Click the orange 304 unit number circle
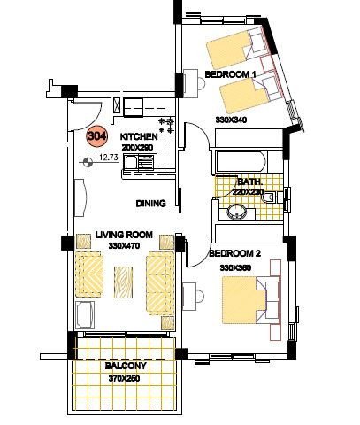tap(97, 136)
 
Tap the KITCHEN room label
tap(139, 136)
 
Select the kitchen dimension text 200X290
tap(137, 147)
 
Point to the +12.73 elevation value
tap(106, 158)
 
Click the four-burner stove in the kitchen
tap(166, 126)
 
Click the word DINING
tap(150, 204)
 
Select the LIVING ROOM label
tap(124, 235)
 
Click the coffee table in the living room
tap(123, 282)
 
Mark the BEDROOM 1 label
tap(230, 74)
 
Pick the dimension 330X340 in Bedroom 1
tap(231, 120)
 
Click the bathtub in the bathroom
tap(241, 161)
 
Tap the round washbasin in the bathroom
tap(237, 212)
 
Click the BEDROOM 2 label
tap(235, 253)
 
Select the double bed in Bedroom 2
tap(250, 300)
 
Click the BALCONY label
tap(126, 366)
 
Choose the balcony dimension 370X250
tap(124, 378)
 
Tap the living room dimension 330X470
tap(124, 245)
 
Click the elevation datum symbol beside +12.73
tap(88, 162)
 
